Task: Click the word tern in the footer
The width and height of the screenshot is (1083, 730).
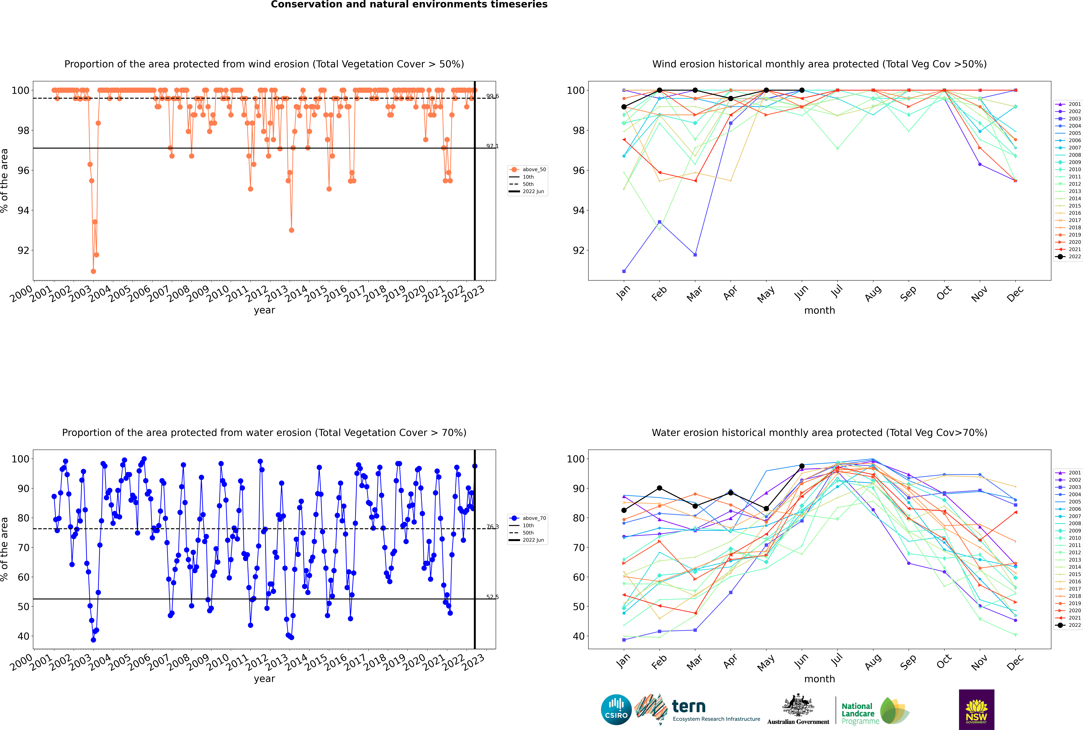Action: [689, 707]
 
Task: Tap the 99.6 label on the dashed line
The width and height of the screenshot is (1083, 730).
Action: [492, 96]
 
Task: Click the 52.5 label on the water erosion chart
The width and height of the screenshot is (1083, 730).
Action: [492, 597]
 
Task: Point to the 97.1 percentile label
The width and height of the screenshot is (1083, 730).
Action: [492, 146]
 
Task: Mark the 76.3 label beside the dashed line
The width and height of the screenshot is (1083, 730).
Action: [492, 527]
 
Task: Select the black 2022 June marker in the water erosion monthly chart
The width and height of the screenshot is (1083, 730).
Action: [802, 466]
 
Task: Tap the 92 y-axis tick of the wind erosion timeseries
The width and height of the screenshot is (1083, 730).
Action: [23, 250]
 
